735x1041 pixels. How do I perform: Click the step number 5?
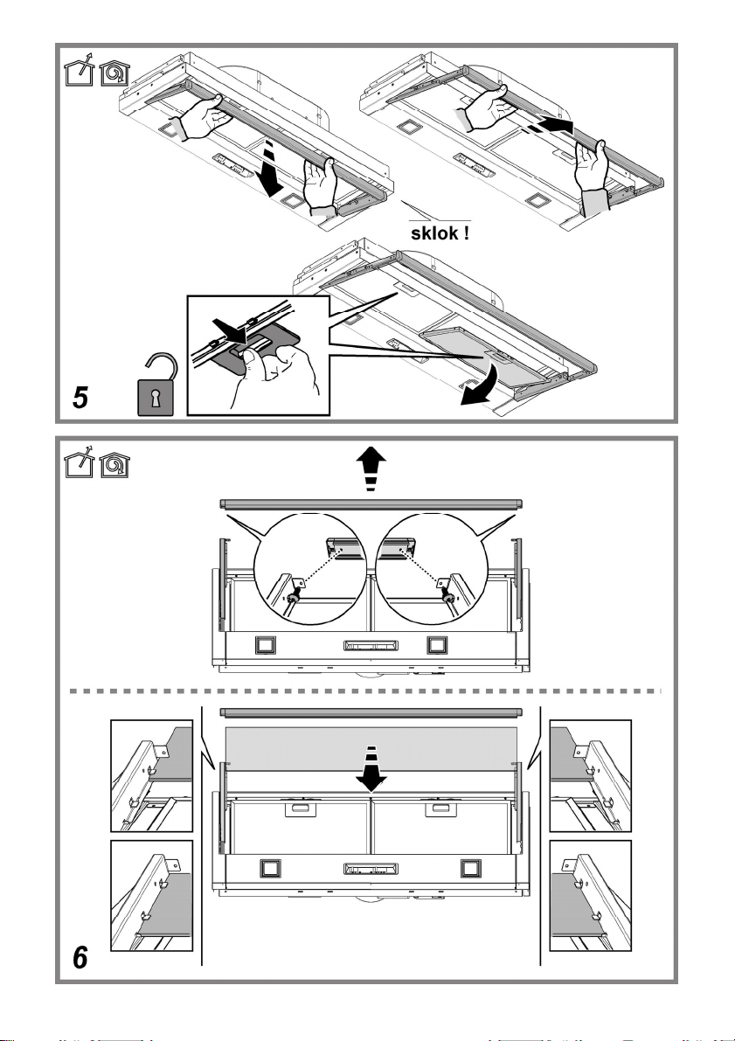pos(80,398)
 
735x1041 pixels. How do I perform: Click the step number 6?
pos(80,957)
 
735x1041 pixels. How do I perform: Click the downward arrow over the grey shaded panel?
pos(371,768)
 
